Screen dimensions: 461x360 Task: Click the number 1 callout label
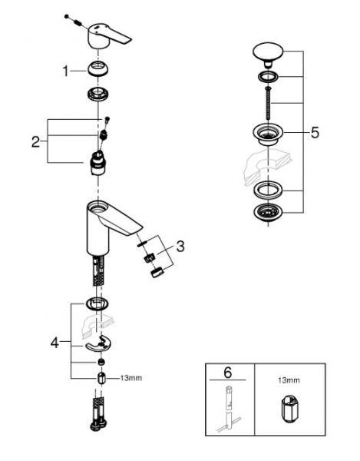click(x=66, y=71)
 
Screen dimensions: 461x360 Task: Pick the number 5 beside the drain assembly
click(x=315, y=132)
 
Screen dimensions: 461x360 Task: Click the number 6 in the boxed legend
click(x=226, y=373)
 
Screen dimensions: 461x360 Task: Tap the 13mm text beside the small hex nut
click(x=132, y=378)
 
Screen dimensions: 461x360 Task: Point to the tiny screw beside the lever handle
click(x=69, y=16)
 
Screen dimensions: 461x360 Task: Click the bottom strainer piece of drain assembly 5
click(x=267, y=214)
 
